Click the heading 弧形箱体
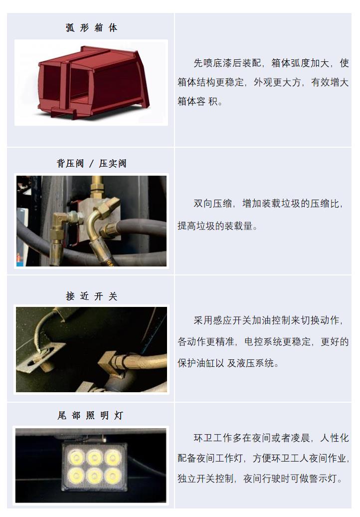coord(92,28)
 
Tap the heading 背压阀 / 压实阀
coord(92,163)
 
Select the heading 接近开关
coord(92,296)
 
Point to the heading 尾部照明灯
coord(91,415)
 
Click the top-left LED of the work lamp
coord(76,458)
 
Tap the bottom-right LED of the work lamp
coord(113,476)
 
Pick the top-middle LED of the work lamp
coord(95,458)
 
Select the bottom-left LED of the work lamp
coord(76,476)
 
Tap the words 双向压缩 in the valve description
coord(212,204)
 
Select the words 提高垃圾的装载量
coord(215,226)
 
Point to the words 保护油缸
coord(196,363)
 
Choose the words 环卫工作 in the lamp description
coord(213,438)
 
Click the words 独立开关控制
coord(205,478)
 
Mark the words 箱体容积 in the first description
coord(197,101)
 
